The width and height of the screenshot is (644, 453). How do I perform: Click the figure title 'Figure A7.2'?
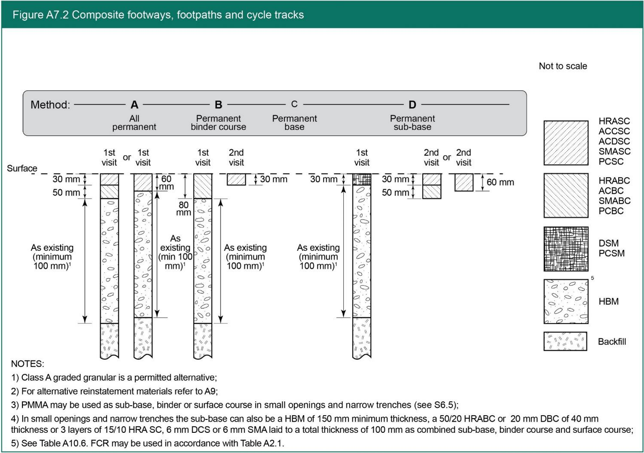[40, 15]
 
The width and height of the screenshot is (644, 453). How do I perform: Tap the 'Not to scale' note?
[563, 66]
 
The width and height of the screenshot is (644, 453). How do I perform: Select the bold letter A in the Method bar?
[134, 104]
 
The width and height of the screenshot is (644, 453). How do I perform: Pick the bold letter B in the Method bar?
[219, 104]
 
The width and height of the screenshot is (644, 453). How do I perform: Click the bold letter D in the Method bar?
[412, 104]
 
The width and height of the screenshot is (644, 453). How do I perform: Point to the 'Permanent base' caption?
[294, 122]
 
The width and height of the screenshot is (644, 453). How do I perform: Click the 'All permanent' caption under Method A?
[134, 122]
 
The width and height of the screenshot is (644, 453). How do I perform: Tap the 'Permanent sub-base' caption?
[412, 122]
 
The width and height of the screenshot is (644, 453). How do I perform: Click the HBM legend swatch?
[566, 301]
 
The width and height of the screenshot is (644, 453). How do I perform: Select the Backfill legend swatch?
[565, 341]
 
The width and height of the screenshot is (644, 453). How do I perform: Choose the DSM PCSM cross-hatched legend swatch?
[566, 249]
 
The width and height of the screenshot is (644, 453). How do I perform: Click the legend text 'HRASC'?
[614, 121]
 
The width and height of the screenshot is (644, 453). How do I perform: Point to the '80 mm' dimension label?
[184, 208]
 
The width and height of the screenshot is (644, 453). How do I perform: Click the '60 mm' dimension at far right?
[500, 182]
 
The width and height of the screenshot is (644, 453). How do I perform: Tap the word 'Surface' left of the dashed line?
[22, 168]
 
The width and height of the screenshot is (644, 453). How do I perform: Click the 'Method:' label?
[50, 105]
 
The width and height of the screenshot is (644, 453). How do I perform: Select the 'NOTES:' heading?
[28, 364]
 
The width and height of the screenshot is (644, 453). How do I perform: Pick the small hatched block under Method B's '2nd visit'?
[236, 179]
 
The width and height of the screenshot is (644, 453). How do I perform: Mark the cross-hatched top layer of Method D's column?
[361, 179]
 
